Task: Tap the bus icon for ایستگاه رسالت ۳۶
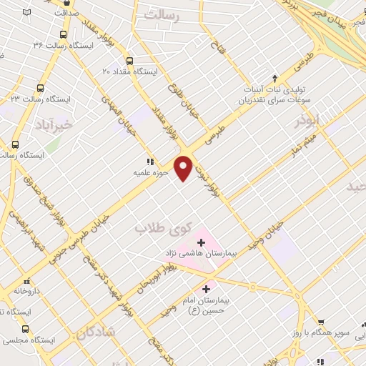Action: pyautogui.click(x=63, y=34)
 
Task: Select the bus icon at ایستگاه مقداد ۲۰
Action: pyautogui.click(x=129, y=61)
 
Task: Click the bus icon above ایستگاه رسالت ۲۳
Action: pyautogui.click(x=39, y=88)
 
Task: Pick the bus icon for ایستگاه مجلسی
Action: pyautogui.click(x=26, y=329)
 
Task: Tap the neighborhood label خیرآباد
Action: pyautogui.click(x=54, y=124)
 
